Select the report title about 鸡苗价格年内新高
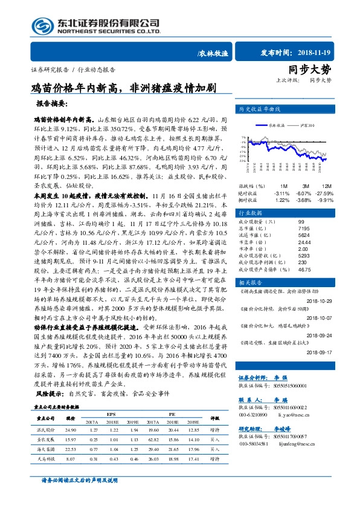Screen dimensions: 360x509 click(124, 88)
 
